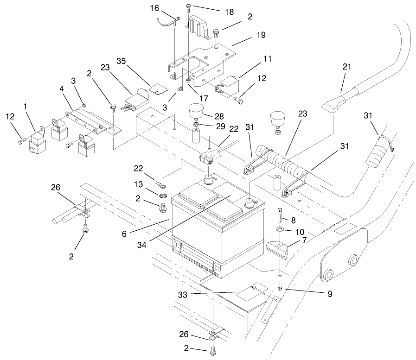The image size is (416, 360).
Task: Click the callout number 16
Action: [x=154, y=9]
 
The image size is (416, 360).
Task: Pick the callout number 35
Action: [x=122, y=61]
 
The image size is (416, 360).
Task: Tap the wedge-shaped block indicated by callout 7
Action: [x=278, y=251]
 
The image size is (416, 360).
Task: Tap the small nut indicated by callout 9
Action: [x=281, y=288]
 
